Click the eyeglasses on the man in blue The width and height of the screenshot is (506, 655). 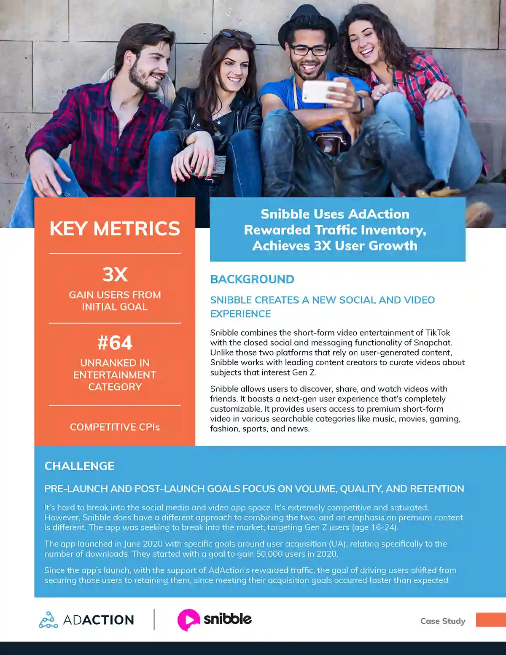309,50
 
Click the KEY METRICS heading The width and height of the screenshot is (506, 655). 115,229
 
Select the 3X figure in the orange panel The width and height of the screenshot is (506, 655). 115,275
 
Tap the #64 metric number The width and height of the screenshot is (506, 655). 115,342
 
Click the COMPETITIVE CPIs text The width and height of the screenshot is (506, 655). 115,427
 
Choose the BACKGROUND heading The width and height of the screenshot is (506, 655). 252,279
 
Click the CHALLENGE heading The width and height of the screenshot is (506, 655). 79,466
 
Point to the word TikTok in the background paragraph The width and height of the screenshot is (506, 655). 438,333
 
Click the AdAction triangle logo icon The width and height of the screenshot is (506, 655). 48,620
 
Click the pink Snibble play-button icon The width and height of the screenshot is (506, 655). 188,620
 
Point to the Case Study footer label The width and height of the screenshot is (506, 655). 443,621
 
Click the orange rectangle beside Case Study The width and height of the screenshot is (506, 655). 491,620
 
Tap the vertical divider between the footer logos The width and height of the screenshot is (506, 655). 154,620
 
